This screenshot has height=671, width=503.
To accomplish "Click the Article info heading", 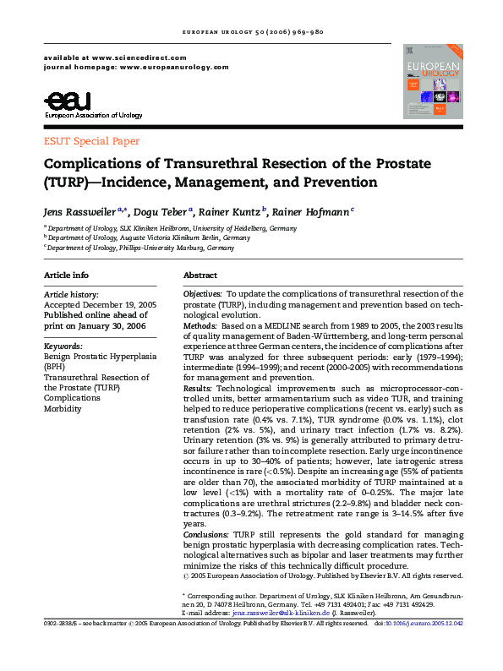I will point(66,275).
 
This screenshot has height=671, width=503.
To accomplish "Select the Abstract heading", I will point(200,275).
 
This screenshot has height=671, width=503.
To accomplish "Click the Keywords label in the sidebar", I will point(63,346).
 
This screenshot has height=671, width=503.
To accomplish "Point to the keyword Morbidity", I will point(63,408).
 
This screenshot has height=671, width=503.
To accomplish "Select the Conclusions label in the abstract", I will point(206,534).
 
